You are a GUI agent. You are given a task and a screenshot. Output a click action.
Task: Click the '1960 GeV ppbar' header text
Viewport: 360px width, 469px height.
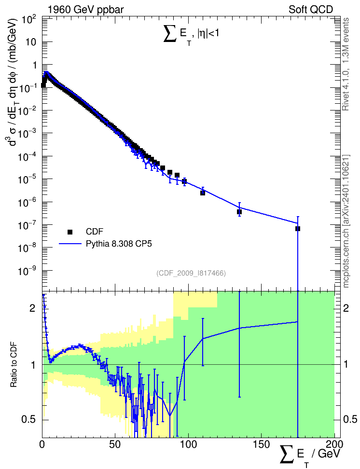pos(85,10)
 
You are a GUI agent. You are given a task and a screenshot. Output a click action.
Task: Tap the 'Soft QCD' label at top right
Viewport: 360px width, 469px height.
pos(311,10)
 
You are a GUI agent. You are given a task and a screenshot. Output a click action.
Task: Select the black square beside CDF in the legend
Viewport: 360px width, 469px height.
pos(70,232)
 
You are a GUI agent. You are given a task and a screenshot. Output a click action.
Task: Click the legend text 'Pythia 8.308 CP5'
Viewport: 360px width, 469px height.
pos(119,244)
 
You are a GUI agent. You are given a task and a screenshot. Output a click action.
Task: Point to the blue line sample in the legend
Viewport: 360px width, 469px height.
pos(70,244)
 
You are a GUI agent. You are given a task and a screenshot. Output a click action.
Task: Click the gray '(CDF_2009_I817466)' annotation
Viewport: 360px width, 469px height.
pos(191,273)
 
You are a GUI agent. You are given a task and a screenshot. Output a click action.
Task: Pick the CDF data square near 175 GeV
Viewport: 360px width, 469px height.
pos(297,229)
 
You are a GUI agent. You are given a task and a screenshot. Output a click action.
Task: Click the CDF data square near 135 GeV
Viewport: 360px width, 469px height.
pos(239,212)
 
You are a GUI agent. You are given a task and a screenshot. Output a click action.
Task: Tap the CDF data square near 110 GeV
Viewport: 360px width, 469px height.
pos(203,193)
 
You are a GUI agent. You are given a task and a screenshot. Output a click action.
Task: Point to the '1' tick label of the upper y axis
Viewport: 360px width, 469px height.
pos(34,66)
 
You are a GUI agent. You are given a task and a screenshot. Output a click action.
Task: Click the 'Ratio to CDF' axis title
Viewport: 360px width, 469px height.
pos(14,365)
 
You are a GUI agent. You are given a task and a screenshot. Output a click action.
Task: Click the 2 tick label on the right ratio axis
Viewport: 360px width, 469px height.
pos(346,308)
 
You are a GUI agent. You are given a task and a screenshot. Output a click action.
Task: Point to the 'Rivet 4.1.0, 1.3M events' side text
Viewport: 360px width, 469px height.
pos(346,64)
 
